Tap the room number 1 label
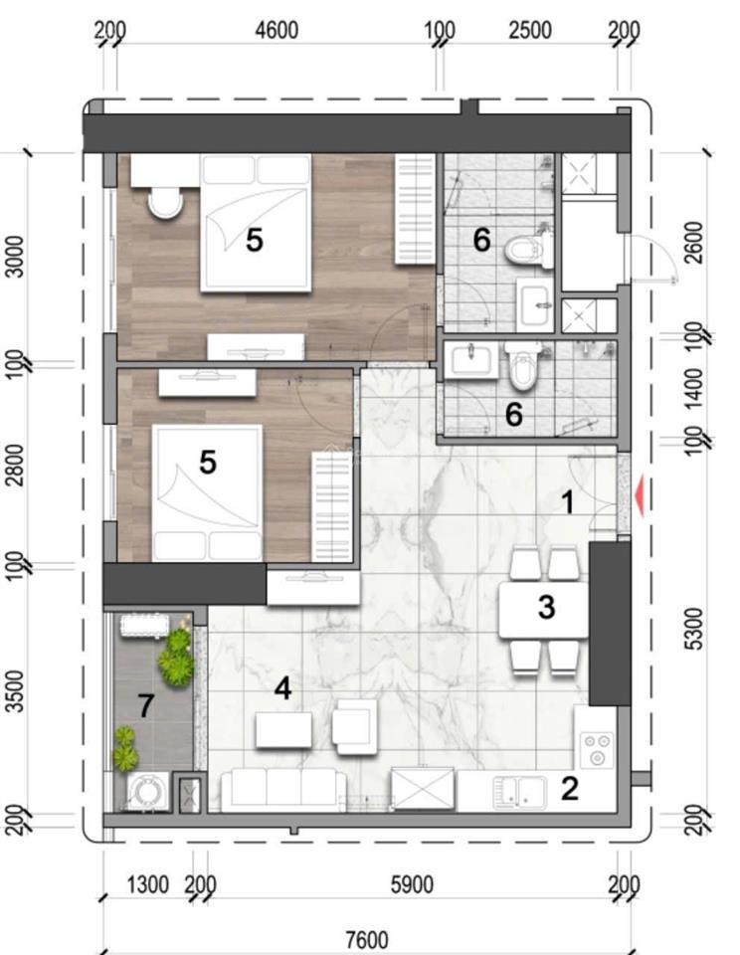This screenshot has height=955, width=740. pos(567,503)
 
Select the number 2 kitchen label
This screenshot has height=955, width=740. pos(569,788)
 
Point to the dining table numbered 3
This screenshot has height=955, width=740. pos(543,610)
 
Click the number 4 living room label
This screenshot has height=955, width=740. pos(282,688)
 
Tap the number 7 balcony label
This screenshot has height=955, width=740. pos(145,706)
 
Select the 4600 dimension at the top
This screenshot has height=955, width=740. pos(277,30)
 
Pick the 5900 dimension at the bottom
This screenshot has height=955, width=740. pos(412,884)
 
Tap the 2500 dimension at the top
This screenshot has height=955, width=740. pos(530,30)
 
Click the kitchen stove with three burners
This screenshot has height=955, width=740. pos(596,750)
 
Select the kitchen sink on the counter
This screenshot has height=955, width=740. pos(519,792)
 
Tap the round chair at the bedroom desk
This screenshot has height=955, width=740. pos(165,202)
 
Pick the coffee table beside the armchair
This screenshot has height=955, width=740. pos(283,729)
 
